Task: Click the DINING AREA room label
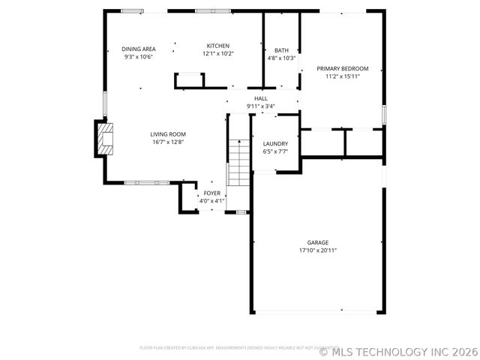click(139, 49)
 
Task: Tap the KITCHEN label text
click(218, 46)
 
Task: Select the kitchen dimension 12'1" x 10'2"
click(218, 54)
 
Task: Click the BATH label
click(281, 50)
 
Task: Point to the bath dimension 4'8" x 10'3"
click(281, 58)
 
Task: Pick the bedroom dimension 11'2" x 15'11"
click(342, 76)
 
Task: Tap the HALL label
click(261, 98)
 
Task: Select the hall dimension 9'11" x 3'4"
click(261, 106)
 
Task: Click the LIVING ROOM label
click(168, 133)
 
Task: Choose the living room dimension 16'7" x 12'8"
click(168, 142)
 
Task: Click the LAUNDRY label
click(275, 143)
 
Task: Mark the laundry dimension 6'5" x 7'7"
click(275, 151)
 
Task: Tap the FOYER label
click(212, 193)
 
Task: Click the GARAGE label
click(318, 242)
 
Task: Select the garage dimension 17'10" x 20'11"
click(318, 250)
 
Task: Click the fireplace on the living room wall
click(104, 139)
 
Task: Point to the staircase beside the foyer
click(238, 163)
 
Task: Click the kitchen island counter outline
click(190, 80)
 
